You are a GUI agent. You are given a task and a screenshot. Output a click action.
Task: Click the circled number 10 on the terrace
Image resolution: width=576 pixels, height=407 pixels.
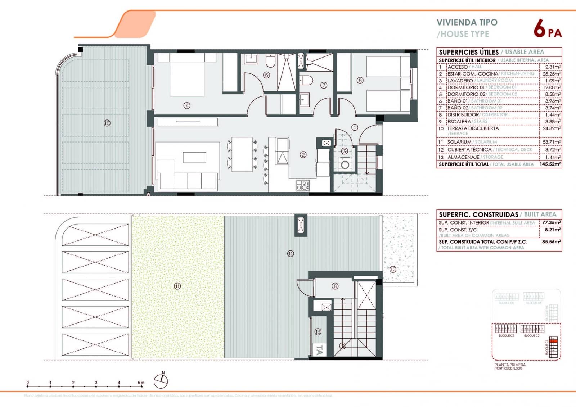pos(107,123)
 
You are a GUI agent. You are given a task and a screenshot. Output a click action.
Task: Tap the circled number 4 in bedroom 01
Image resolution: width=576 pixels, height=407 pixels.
pos(186,105)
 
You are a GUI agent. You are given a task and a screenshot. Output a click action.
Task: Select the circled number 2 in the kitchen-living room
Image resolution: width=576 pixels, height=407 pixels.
pos(303,154)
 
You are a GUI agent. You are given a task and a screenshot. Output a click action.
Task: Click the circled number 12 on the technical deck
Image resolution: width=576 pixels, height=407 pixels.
pos(393,269)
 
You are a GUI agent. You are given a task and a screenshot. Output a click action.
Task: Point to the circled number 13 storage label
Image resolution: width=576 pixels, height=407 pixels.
pos(318,332)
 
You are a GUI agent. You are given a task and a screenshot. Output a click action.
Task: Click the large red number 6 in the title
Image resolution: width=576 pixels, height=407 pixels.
pos(539,28)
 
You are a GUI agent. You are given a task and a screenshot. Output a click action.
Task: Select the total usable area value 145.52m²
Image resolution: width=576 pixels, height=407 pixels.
pos(550,164)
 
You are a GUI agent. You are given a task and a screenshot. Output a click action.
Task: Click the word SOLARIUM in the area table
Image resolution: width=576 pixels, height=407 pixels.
pos(459,142)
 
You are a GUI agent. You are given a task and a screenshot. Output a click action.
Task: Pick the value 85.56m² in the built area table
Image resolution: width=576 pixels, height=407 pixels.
pos(551,242)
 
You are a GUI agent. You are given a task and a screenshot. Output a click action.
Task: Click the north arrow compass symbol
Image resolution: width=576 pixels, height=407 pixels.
pos(161,381)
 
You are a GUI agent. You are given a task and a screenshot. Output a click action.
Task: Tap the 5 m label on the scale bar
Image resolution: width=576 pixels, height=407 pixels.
pos(141,383)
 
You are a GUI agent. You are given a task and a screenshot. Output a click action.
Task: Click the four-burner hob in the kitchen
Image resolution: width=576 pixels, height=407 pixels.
pos(302,185)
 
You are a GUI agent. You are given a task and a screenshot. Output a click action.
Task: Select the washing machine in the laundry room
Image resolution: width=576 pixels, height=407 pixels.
pos(345,165)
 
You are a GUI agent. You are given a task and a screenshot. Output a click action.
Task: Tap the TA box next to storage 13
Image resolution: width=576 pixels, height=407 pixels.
pos(319,349)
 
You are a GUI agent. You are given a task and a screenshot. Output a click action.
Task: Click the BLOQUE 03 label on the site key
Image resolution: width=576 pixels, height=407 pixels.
pos(506,336)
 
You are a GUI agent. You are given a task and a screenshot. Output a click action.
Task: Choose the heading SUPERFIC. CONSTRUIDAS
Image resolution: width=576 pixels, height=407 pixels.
pos(478,214)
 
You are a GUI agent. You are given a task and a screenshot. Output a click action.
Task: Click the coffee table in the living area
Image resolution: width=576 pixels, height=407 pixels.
pos(194,157)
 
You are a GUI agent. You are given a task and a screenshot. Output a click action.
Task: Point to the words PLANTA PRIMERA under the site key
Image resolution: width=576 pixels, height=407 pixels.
pos(510,365)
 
